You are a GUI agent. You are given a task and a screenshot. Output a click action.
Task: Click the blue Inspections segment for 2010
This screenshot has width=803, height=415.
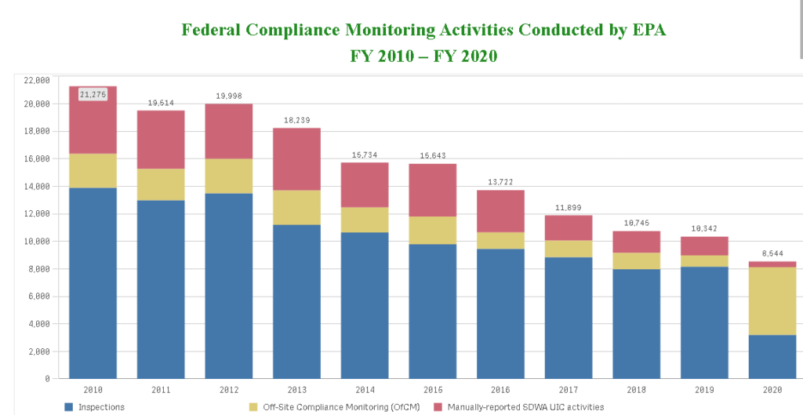(93, 282)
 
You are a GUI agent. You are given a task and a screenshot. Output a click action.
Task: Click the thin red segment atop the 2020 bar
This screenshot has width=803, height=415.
(772, 264)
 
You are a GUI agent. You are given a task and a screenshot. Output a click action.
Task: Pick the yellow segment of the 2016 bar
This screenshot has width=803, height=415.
(500, 240)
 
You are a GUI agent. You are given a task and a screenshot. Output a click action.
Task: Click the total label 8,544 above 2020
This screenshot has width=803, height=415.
(772, 254)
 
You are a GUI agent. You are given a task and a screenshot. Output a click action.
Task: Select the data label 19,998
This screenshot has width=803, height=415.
(229, 96)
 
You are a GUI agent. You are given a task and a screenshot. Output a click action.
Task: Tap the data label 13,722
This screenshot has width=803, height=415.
(500, 183)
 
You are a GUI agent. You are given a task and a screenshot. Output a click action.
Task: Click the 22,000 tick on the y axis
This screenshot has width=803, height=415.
(37, 80)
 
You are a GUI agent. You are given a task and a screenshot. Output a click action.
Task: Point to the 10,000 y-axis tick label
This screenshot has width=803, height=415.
(37, 242)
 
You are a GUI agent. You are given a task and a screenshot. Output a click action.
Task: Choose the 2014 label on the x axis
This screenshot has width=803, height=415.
(365, 389)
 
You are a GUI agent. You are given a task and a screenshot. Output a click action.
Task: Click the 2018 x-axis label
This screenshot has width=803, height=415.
(637, 389)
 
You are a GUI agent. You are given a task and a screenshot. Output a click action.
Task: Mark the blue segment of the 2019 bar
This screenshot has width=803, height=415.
(704, 322)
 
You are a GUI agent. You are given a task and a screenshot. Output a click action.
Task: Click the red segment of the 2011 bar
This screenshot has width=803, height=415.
(161, 140)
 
